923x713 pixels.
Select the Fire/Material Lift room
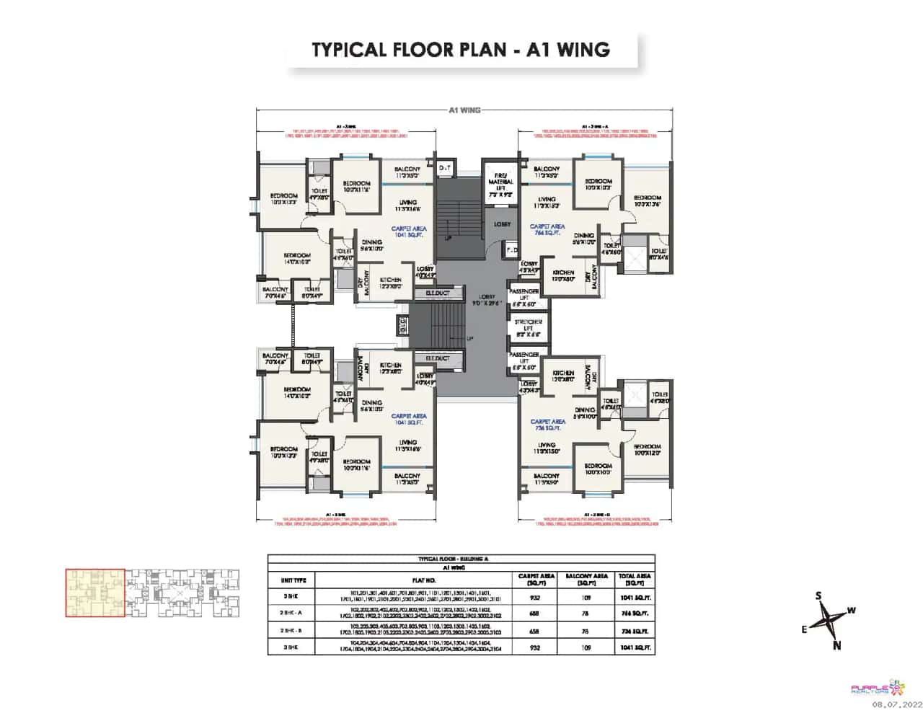point(500,183)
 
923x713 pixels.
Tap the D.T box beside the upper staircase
point(445,167)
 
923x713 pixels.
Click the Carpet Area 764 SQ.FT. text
point(548,229)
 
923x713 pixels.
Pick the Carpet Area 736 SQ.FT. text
point(547,425)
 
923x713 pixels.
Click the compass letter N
point(836,646)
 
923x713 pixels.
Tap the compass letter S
point(818,595)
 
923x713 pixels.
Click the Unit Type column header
point(293,580)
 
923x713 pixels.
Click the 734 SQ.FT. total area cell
point(635,631)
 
